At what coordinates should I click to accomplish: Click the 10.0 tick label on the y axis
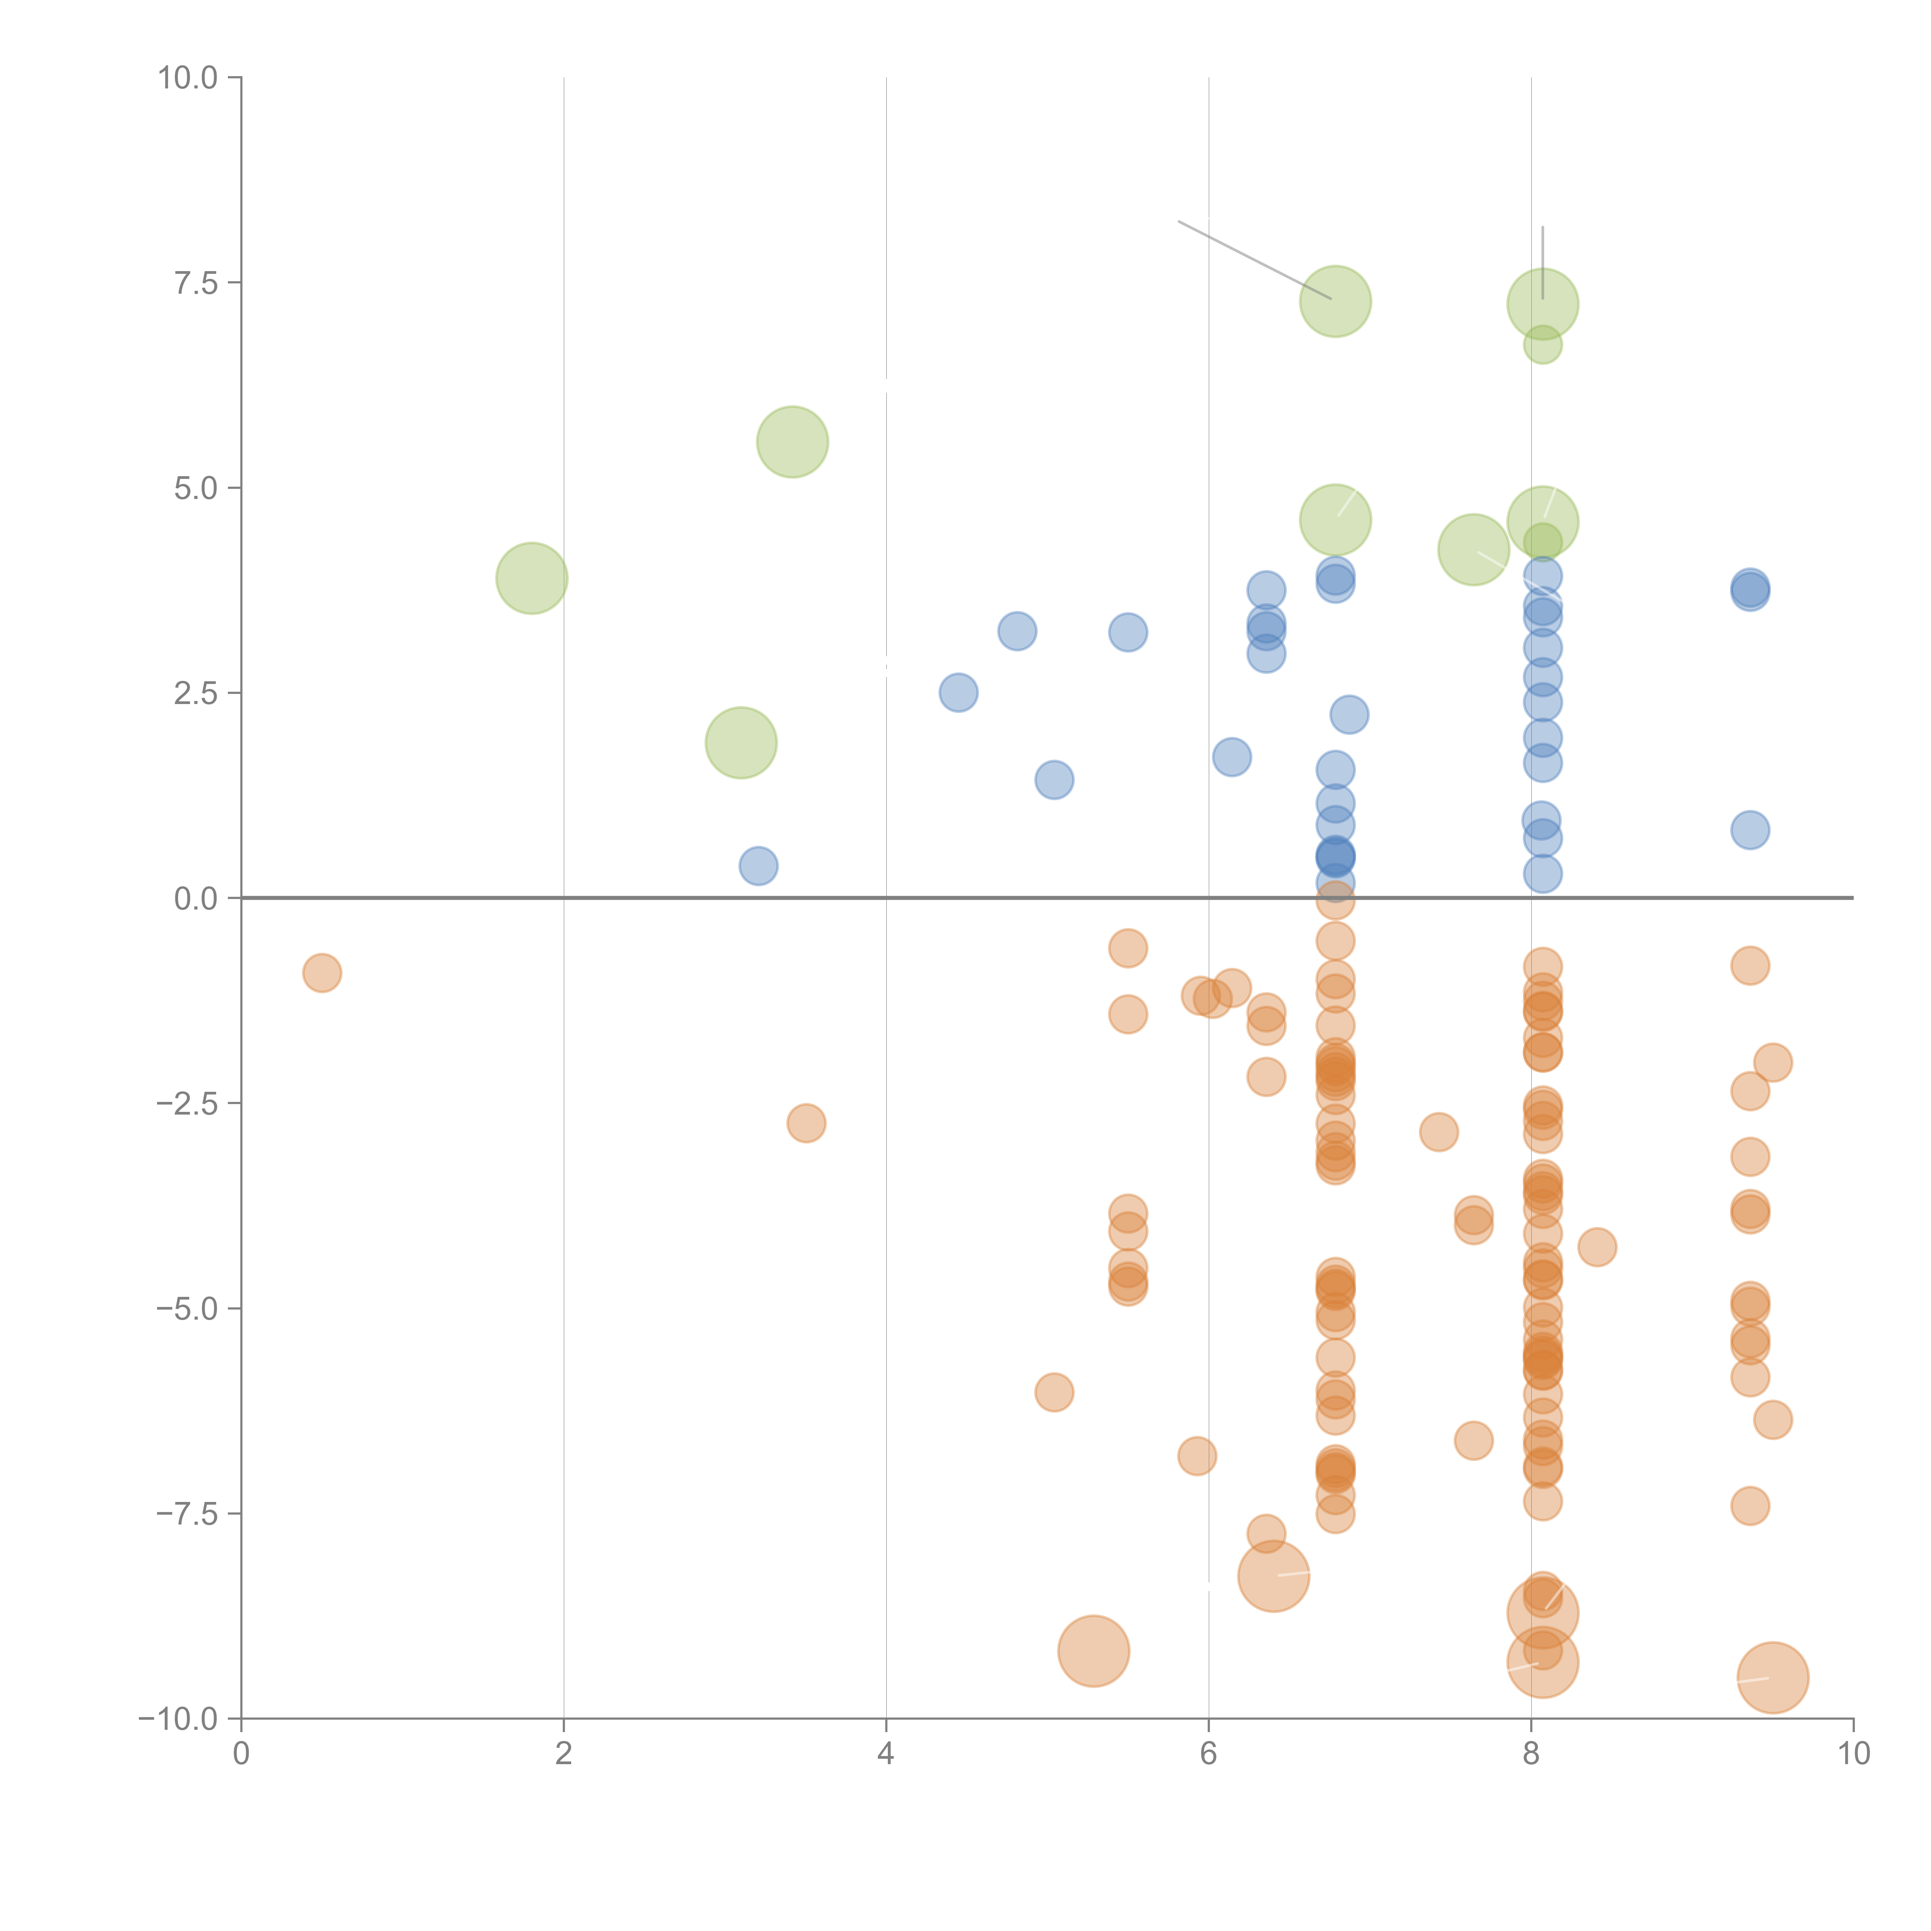pos(188,78)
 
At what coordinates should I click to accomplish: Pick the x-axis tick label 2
pos(564,1754)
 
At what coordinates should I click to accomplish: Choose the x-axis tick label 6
pos(1208,1754)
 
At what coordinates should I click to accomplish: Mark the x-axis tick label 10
pos(1853,1754)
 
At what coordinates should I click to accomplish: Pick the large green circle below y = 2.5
pos(741,743)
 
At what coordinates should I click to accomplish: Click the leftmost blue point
pos(758,865)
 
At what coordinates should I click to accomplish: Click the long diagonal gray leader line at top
pos(1254,260)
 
